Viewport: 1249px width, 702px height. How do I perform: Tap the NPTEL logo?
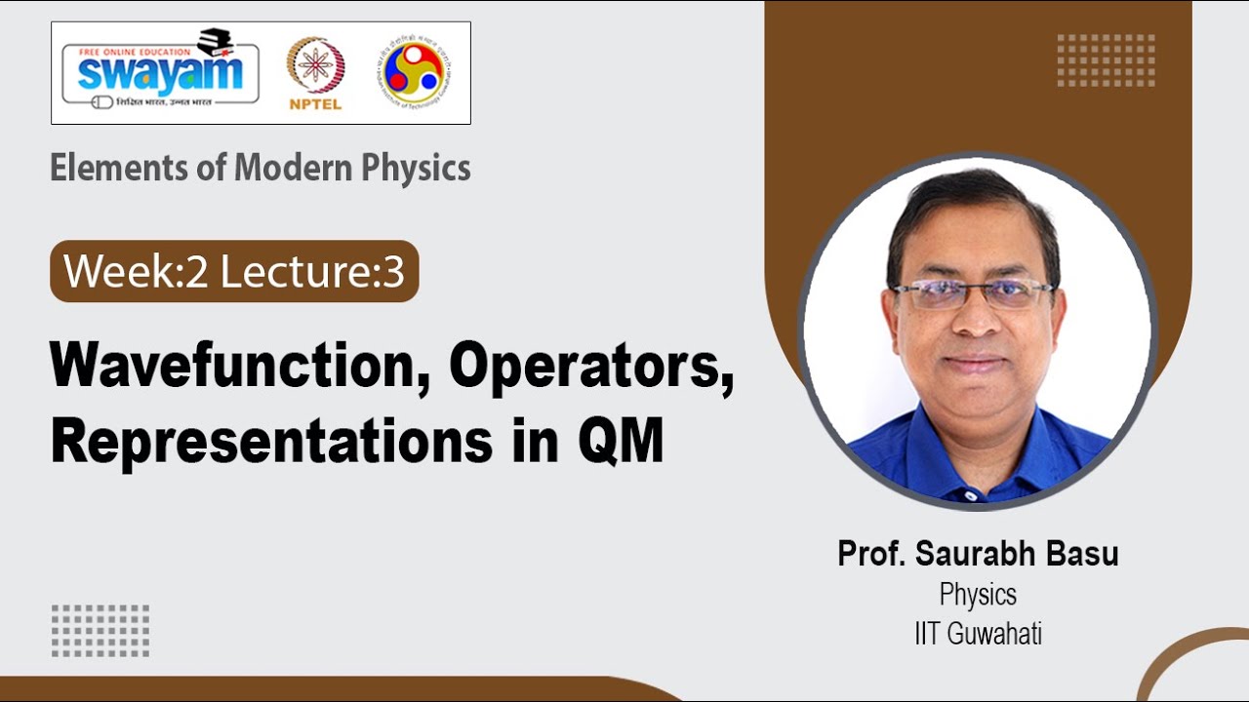pos(315,73)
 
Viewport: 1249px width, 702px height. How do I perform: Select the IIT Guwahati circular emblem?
pos(417,72)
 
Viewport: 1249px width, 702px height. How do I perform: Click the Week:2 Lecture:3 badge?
pos(234,271)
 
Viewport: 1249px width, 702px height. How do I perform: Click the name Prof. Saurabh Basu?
pos(978,554)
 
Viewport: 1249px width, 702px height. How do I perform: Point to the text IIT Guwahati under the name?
pos(978,634)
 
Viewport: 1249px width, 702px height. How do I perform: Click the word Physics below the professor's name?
pos(978,594)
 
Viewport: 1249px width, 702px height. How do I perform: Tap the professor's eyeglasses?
pos(973,292)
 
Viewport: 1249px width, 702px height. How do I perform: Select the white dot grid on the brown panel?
pos(1106,60)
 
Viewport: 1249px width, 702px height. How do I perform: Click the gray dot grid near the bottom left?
pos(101,630)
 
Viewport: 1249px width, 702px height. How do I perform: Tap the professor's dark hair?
pos(971,200)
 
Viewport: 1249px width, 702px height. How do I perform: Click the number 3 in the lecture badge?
pos(393,272)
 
